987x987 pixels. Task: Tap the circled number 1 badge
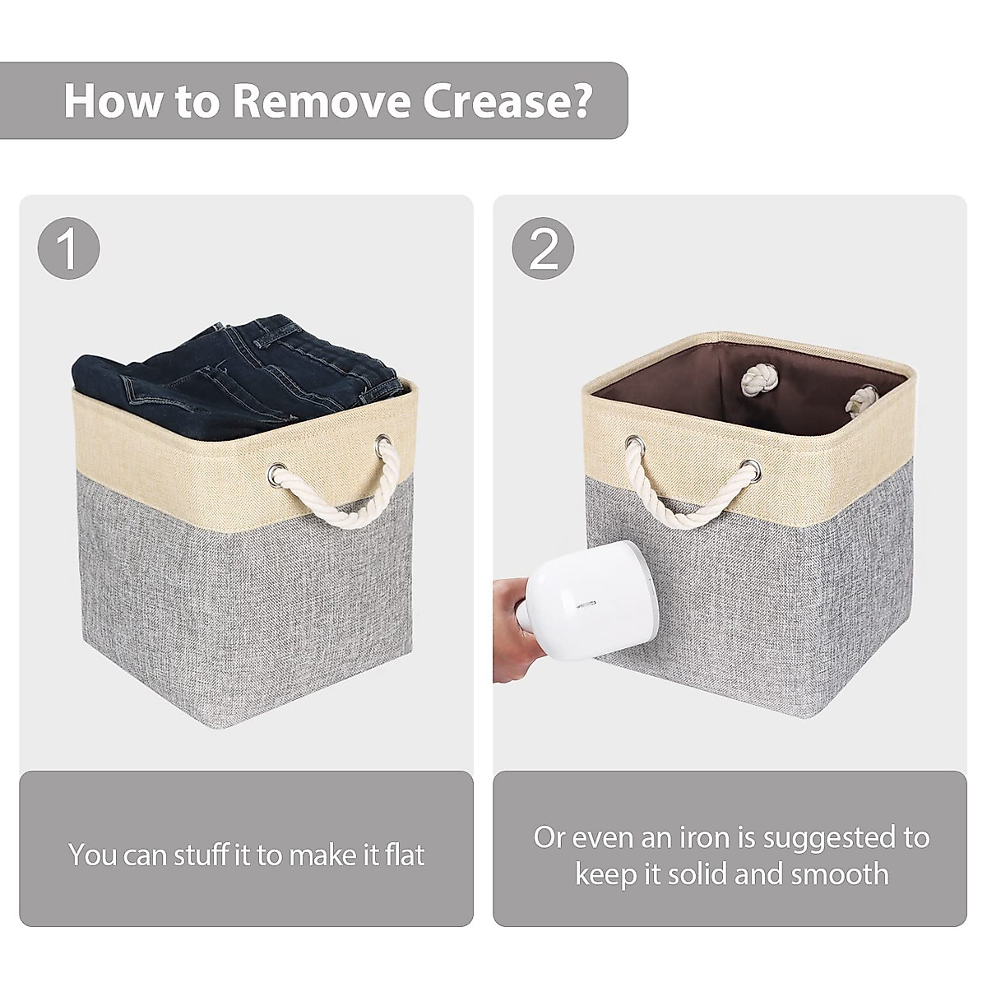[x=69, y=249]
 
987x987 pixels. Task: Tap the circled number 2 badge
[x=543, y=249]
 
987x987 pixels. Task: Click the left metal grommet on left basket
[x=275, y=475]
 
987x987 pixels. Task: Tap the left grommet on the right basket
[x=634, y=447]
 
